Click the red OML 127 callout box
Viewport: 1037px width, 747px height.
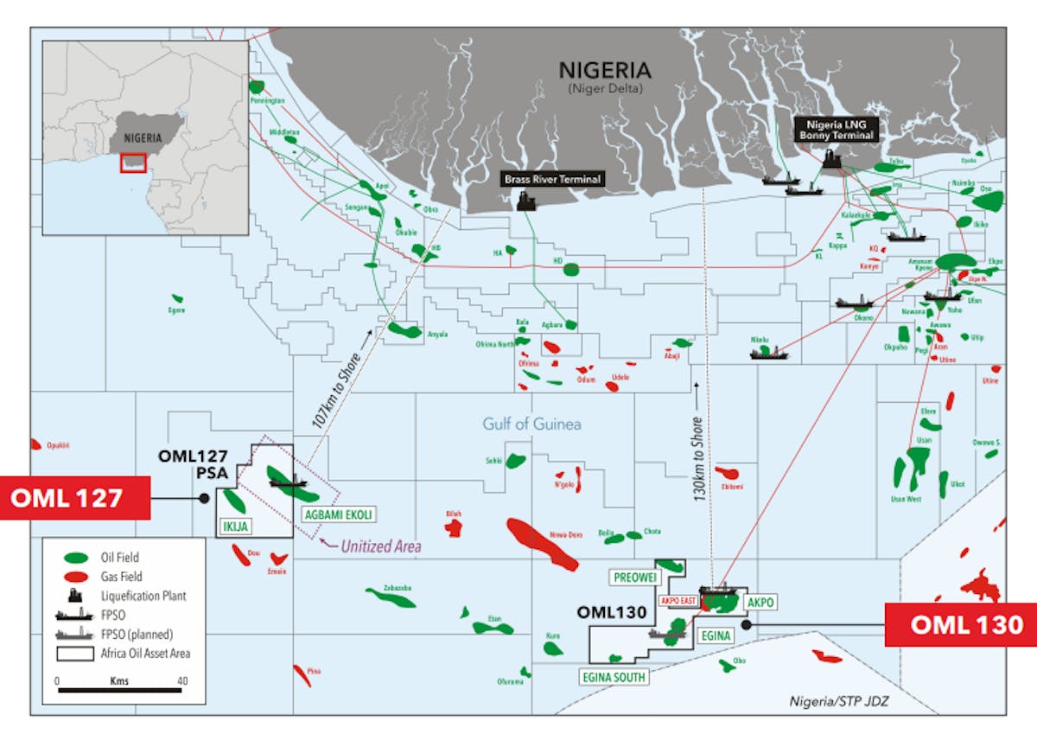(x=75, y=499)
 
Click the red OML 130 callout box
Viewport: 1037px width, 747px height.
(x=960, y=624)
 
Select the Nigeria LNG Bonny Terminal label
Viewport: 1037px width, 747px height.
(x=837, y=130)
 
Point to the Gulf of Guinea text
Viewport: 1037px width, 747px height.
(x=531, y=424)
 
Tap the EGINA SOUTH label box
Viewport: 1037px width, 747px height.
(x=614, y=677)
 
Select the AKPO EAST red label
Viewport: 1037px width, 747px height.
(x=678, y=599)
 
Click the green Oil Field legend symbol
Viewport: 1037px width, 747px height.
(x=75, y=558)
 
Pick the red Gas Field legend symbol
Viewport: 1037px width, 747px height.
(x=75, y=577)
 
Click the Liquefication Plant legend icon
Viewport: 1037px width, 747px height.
(x=75, y=596)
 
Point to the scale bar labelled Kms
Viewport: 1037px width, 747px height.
(x=120, y=689)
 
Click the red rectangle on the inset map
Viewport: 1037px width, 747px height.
(x=132, y=162)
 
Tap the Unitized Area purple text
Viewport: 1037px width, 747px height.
(x=380, y=546)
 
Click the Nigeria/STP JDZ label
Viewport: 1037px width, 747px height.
(x=838, y=701)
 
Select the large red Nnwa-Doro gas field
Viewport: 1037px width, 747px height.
(x=543, y=544)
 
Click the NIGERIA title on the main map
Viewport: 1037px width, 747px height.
(x=605, y=70)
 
